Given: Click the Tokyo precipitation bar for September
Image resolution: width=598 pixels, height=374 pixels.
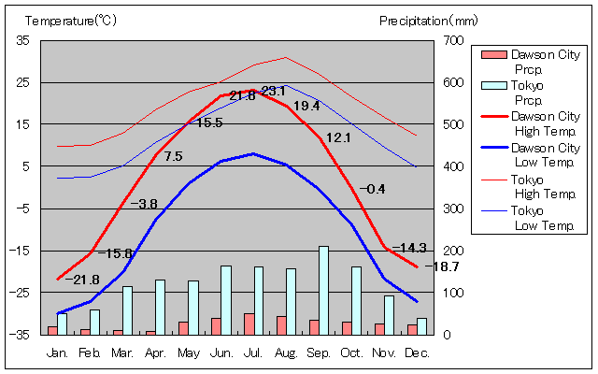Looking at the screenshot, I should (x=323, y=290).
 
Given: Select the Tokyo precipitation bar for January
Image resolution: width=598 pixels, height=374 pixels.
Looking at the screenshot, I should (x=63, y=324).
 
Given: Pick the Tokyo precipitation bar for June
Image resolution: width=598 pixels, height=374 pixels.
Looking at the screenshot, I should (x=225, y=300).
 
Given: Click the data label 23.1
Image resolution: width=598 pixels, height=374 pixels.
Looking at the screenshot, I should (x=273, y=91).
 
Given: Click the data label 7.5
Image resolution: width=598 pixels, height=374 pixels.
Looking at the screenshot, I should (x=173, y=156).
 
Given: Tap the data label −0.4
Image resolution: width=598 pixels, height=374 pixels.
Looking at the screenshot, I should (x=373, y=189).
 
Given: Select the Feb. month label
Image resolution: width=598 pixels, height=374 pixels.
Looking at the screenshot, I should (x=90, y=352).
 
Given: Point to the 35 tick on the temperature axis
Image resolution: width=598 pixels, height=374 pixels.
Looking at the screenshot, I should (x=22, y=40).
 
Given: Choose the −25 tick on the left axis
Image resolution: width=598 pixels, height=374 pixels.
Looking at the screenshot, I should (x=20, y=293).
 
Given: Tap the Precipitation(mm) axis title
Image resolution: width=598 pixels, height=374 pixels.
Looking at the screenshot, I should (x=428, y=20).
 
